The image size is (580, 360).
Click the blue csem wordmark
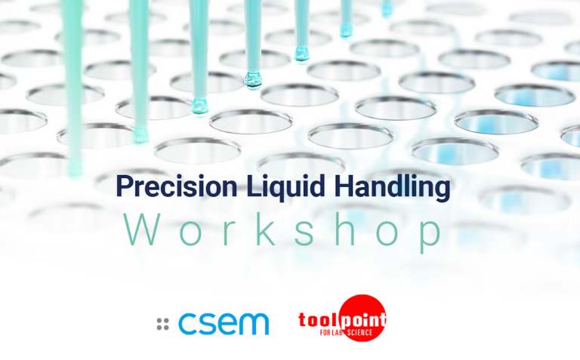tap(224, 324)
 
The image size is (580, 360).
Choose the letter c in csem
tap(186, 324)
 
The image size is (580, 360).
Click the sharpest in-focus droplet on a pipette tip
tap(252, 79)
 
